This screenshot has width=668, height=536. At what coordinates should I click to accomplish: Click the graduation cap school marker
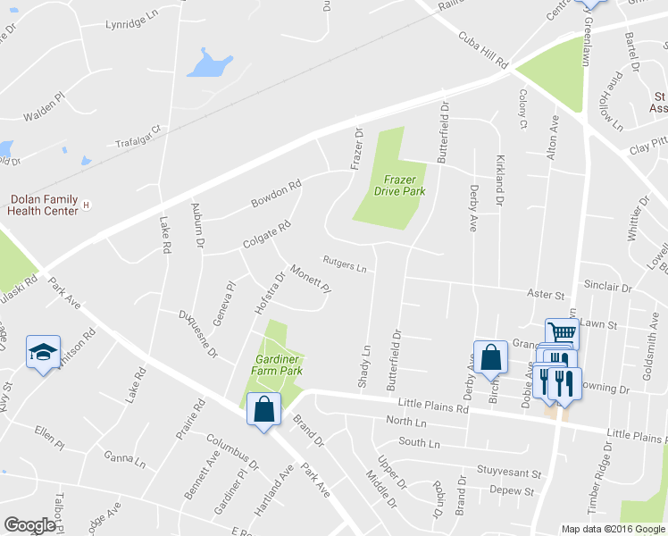tap(42, 355)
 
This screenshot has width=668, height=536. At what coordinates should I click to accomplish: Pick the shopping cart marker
tap(561, 333)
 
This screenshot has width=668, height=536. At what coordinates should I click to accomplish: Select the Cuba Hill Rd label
tap(482, 51)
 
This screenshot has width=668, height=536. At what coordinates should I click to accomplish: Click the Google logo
tap(30, 525)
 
